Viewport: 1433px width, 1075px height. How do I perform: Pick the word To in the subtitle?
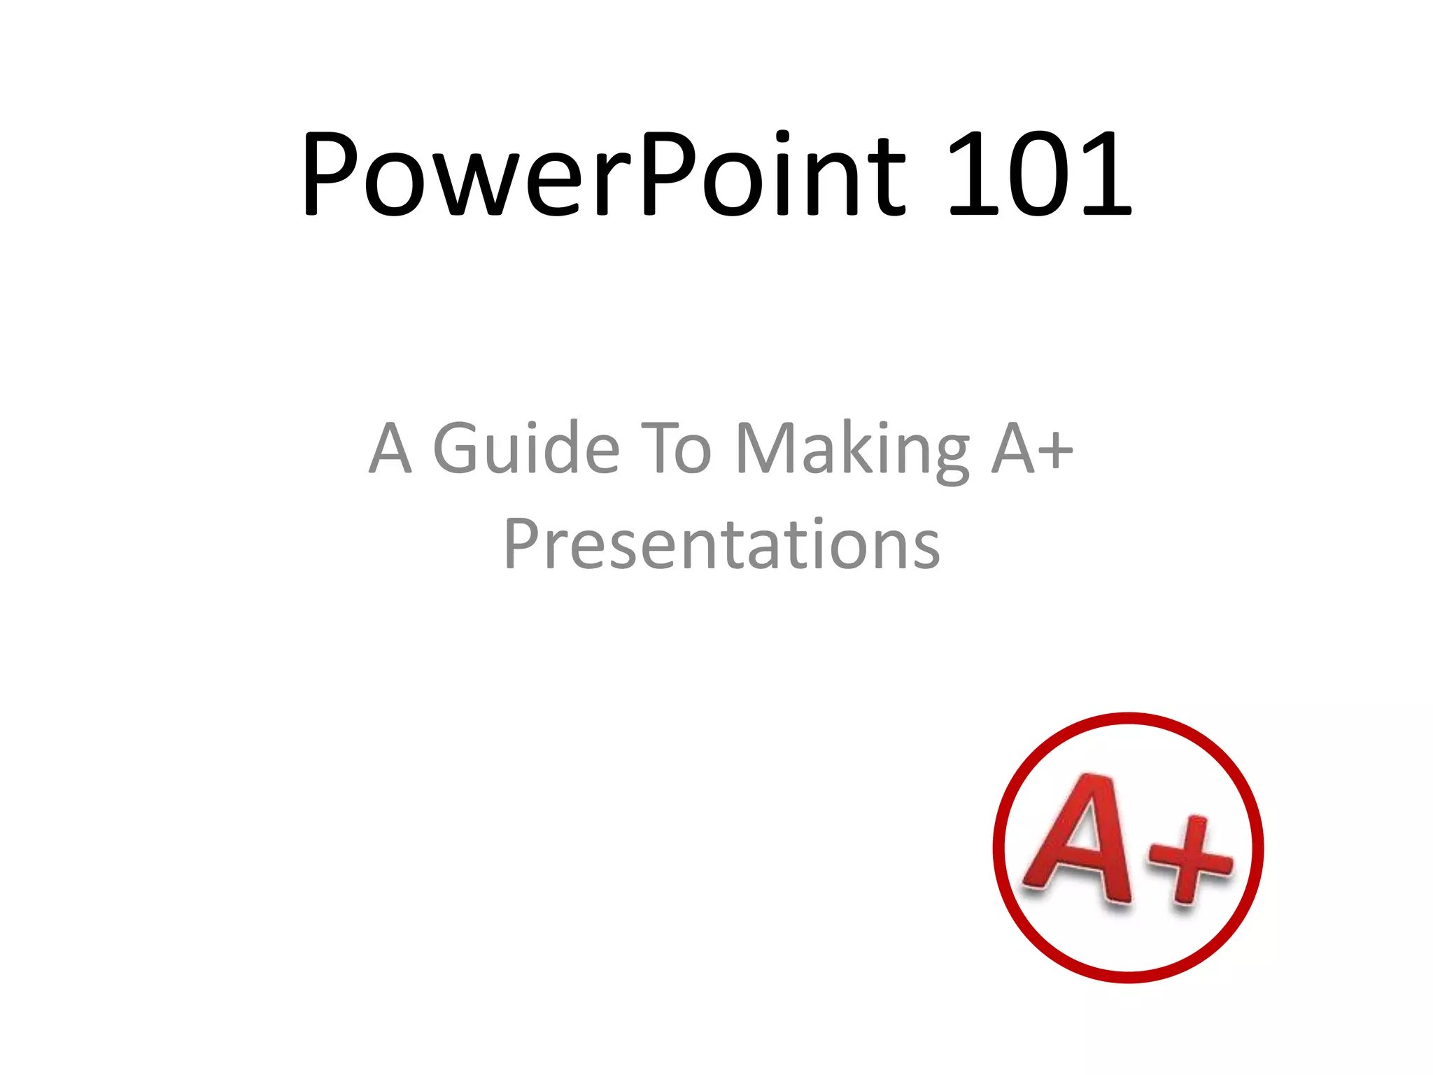pyautogui.click(x=676, y=448)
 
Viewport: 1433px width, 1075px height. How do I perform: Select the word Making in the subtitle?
pyautogui.click(x=852, y=448)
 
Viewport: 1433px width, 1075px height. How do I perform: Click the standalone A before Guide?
pyautogui.click(x=390, y=448)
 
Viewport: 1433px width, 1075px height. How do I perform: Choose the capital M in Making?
pyautogui.click(x=765, y=448)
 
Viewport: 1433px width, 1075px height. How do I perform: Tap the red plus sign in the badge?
pyautogui.click(x=1191, y=859)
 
